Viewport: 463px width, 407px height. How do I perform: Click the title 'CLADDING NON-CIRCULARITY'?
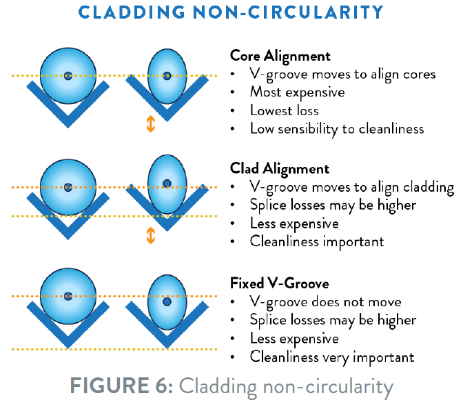click(x=231, y=13)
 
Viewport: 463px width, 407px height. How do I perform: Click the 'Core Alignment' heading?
click(x=280, y=56)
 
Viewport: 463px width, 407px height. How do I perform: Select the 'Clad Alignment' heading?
click(x=279, y=168)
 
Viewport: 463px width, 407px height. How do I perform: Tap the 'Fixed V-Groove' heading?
click(x=279, y=283)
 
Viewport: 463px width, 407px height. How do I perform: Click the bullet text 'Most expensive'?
click(x=297, y=92)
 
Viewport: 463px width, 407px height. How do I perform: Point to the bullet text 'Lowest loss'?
click(x=285, y=110)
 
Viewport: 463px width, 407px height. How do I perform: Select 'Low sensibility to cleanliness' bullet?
click(x=336, y=128)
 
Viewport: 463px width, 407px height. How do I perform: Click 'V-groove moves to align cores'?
click(x=342, y=74)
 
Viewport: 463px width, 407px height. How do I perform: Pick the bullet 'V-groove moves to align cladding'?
click(x=351, y=187)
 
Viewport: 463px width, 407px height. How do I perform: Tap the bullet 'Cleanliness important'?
click(x=316, y=241)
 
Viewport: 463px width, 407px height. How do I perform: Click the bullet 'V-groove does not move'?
click(x=325, y=301)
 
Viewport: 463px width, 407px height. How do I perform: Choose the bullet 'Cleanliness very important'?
click(x=331, y=357)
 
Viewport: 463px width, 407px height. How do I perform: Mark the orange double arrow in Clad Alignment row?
click(x=151, y=235)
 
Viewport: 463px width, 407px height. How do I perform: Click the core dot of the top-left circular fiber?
click(x=68, y=76)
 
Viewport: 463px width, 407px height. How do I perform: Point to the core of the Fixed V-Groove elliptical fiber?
click(x=167, y=301)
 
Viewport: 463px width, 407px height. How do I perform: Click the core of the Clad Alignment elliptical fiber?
click(x=167, y=183)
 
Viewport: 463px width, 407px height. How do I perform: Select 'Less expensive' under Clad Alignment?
click(x=294, y=223)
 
